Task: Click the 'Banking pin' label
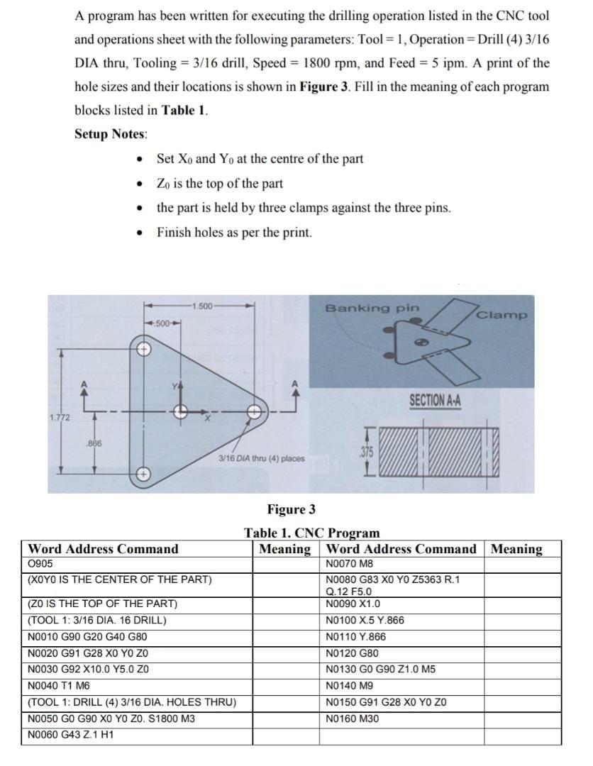(x=372, y=309)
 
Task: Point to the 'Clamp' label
(x=502, y=315)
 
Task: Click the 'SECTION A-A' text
(x=435, y=401)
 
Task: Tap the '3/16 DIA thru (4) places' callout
(x=261, y=458)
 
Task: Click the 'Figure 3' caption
(x=291, y=509)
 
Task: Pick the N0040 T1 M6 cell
(x=60, y=687)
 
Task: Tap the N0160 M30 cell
(x=352, y=718)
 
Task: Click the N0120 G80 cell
(x=352, y=653)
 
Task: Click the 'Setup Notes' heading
(x=111, y=134)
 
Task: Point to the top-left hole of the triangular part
(x=144, y=350)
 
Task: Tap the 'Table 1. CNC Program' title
(x=312, y=533)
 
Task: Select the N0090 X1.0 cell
(x=353, y=604)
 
